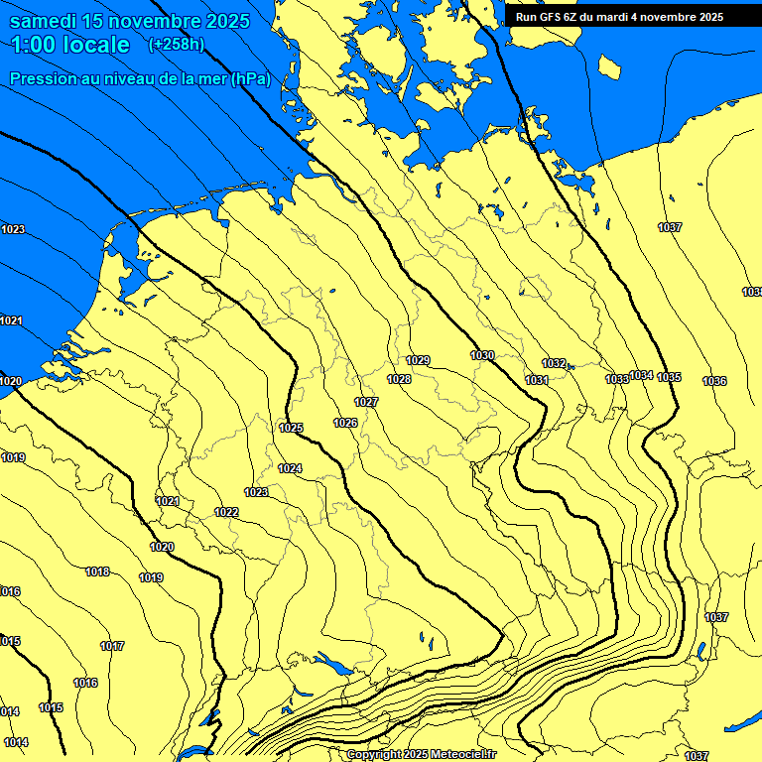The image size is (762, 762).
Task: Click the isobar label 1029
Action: [x=419, y=360]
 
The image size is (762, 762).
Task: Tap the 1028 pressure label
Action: [x=399, y=379]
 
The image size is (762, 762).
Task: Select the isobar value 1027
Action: [x=366, y=402]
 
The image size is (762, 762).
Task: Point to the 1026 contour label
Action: [x=345, y=423]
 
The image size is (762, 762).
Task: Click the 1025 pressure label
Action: [x=291, y=428]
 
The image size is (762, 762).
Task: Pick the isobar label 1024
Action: [x=290, y=468]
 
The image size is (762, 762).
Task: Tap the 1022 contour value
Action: [x=226, y=512]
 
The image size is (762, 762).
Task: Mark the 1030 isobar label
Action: [x=482, y=355]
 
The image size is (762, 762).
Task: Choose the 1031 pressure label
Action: [x=537, y=380]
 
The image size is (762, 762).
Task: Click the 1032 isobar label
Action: [x=554, y=363]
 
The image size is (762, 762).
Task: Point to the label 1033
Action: [x=617, y=379]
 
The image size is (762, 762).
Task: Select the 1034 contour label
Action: [x=641, y=375]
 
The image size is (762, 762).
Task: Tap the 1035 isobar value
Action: [x=669, y=377]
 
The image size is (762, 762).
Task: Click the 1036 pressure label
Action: [x=714, y=381]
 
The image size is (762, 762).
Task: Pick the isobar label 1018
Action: [x=97, y=571]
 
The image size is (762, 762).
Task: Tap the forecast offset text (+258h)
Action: [x=176, y=45]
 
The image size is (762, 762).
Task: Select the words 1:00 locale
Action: [x=70, y=45]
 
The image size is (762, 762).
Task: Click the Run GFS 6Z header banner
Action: [x=619, y=17]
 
